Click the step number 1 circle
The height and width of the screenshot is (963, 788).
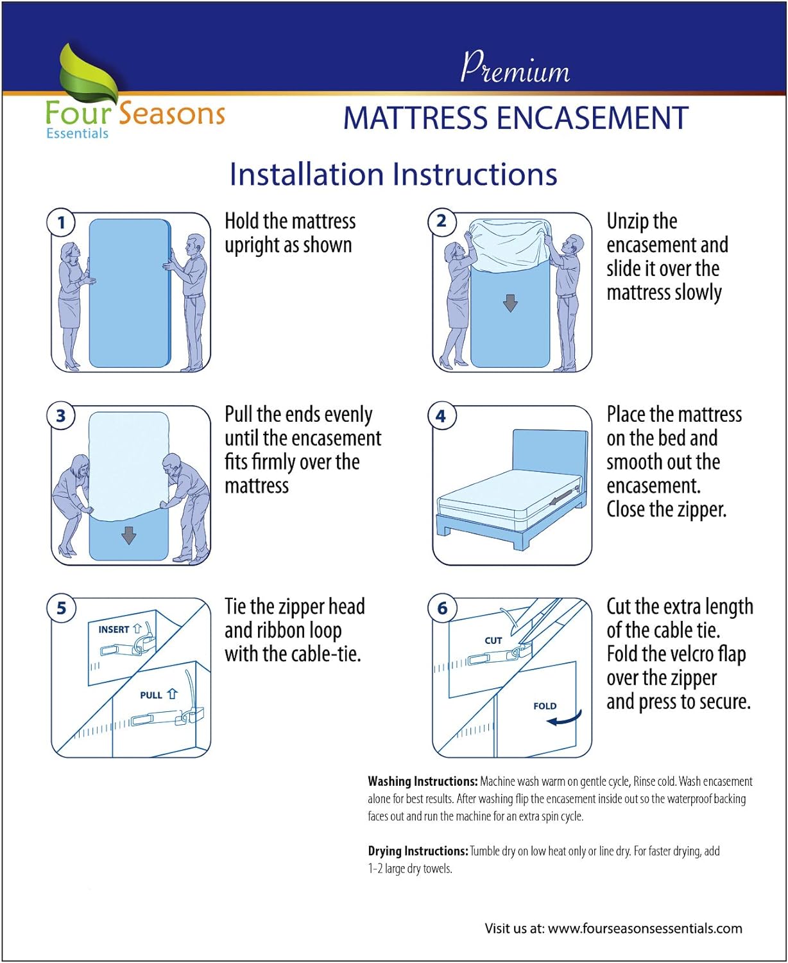(62, 223)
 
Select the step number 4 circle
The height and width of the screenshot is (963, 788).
(441, 416)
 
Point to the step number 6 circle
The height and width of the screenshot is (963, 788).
(442, 608)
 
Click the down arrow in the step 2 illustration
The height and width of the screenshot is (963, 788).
(510, 303)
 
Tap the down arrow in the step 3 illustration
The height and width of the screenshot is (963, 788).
(129, 535)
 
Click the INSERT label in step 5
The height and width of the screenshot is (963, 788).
(114, 630)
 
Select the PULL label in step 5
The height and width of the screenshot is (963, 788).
(151, 695)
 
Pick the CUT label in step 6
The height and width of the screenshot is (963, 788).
(493, 641)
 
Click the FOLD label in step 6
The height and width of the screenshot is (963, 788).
(545, 706)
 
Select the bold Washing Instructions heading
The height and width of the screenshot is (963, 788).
(422, 781)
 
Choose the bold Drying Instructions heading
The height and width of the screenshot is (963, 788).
(418, 851)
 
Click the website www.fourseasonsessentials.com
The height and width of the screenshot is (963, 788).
(644, 928)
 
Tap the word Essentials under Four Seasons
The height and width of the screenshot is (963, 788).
(77, 134)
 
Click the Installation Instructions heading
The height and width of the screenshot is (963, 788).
(393, 175)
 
